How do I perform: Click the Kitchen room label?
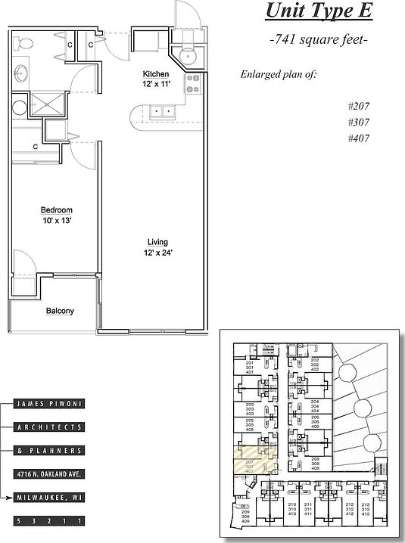tap(161, 74)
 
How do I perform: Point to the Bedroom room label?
tap(57, 210)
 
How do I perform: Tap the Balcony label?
tap(60, 310)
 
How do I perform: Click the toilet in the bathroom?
tap(24, 44)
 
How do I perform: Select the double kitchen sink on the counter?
tap(162, 112)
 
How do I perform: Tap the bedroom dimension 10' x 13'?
tap(57, 221)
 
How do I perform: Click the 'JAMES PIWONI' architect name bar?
tap(48, 404)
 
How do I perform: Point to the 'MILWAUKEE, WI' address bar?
tap(48, 498)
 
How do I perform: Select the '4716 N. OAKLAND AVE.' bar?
tap(48, 474)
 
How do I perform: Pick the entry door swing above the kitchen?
tap(185, 15)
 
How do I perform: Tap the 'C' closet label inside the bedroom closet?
tap(36, 147)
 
